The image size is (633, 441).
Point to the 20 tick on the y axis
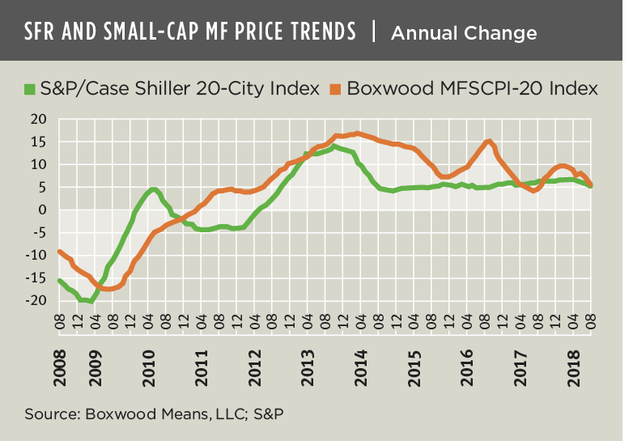pyautogui.click(x=39, y=119)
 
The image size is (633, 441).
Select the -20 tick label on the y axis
pyautogui.click(x=36, y=300)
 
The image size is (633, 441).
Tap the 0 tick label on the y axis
pyautogui.click(x=43, y=210)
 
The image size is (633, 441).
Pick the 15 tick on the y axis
pyautogui.click(x=39, y=142)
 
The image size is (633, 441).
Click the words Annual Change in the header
pyautogui.click(x=463, y=32)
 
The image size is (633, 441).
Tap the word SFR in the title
pyautogui.click(x=42, y=32)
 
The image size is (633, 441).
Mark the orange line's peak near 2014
pyautogui.click(x=357, y=134)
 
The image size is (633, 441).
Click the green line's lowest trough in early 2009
pyautogui.click(x=91, y=301)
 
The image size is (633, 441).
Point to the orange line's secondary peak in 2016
pyautogui.click(x=489, y=142)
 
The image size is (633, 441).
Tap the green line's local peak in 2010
pyautogui.click(x=153, y=190)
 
